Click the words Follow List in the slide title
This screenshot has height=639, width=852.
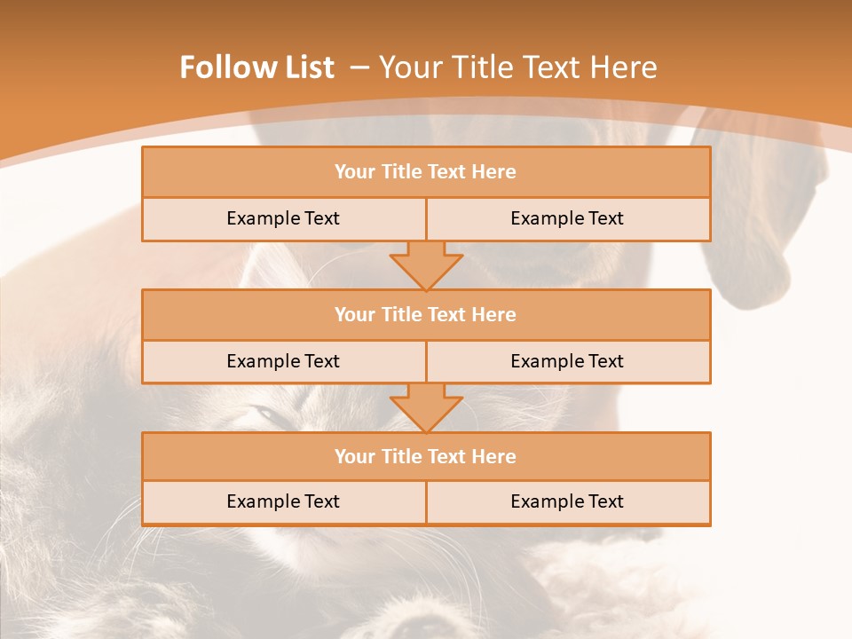point(256,67)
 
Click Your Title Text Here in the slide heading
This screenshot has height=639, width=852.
point(517,67)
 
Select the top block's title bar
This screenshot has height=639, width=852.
point(425,172)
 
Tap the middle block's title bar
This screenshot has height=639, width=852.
point(425,314)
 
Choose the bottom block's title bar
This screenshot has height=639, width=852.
point(425,456)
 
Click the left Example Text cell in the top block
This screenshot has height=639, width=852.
point(283,218)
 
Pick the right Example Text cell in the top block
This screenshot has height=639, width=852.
point(567,218)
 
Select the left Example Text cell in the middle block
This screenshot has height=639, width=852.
point(283,361)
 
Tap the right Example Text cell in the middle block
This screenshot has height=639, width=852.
point(567,361)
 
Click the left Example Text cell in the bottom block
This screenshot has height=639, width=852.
point(283,501)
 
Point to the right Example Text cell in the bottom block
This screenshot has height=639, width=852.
point(567,501)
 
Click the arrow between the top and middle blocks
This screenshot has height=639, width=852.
point(426,264)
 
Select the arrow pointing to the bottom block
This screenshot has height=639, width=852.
point(426,407)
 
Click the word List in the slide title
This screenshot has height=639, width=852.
point(306,67)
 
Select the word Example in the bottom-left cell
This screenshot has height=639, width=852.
point(261,501)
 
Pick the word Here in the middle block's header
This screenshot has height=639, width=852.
point(494,314)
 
